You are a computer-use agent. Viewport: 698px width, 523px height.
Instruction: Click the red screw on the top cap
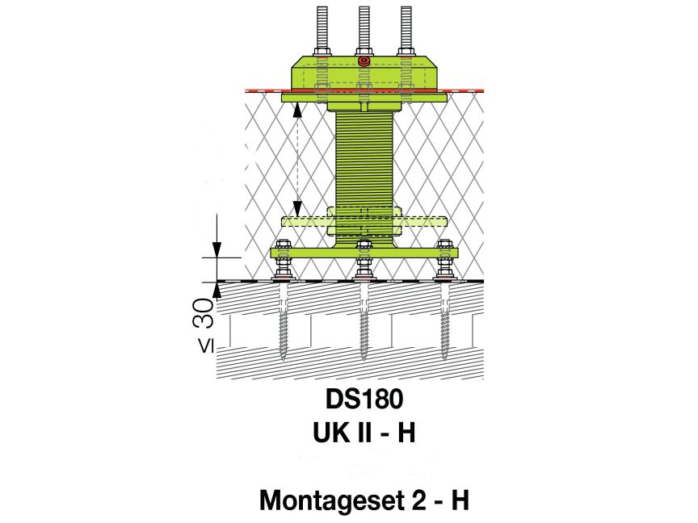pos(364,61)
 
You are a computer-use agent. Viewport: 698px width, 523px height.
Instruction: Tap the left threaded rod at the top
pos(321,28)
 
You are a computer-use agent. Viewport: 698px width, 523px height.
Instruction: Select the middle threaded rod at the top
pos(364,28)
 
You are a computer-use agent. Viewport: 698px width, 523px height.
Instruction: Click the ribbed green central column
pos(364,161)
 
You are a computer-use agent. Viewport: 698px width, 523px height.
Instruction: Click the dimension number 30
pos(205,312)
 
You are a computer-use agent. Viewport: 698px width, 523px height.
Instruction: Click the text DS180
pos(364,400)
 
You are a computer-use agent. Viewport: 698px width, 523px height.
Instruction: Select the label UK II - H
pos(364,433)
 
